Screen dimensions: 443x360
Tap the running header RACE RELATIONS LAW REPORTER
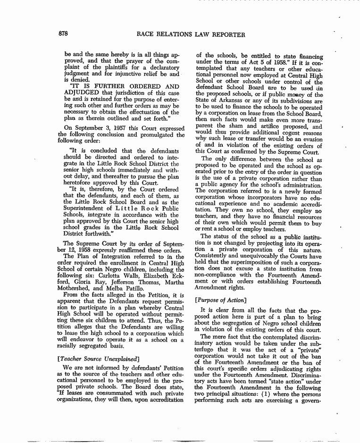point(191,34)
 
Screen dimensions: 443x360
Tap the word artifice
point(280,127)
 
